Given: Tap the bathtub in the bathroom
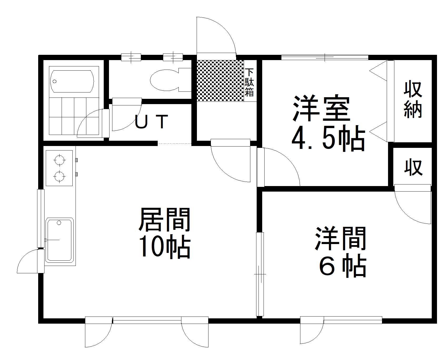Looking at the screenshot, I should click(x=72, y=81).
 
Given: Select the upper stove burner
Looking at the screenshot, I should click(x=59, y=160).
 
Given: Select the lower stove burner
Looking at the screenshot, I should click(x=59, y=176).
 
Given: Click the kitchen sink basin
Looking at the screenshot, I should click(x=59, y=240).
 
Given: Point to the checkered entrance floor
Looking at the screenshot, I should click(x=220, y=81).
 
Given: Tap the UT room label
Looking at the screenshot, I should click(x=151, y=122).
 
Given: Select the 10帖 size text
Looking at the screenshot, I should click(x=164, y=247).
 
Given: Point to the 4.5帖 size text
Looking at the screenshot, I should click(x=328, y=140).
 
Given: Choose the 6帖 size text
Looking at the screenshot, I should click(x=342, y=266).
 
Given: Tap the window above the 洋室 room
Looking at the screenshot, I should click(x=325, y=57).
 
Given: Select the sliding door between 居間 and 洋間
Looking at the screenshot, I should click(x=260, y=274).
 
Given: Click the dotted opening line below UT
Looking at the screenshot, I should click(x=174, y=144).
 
